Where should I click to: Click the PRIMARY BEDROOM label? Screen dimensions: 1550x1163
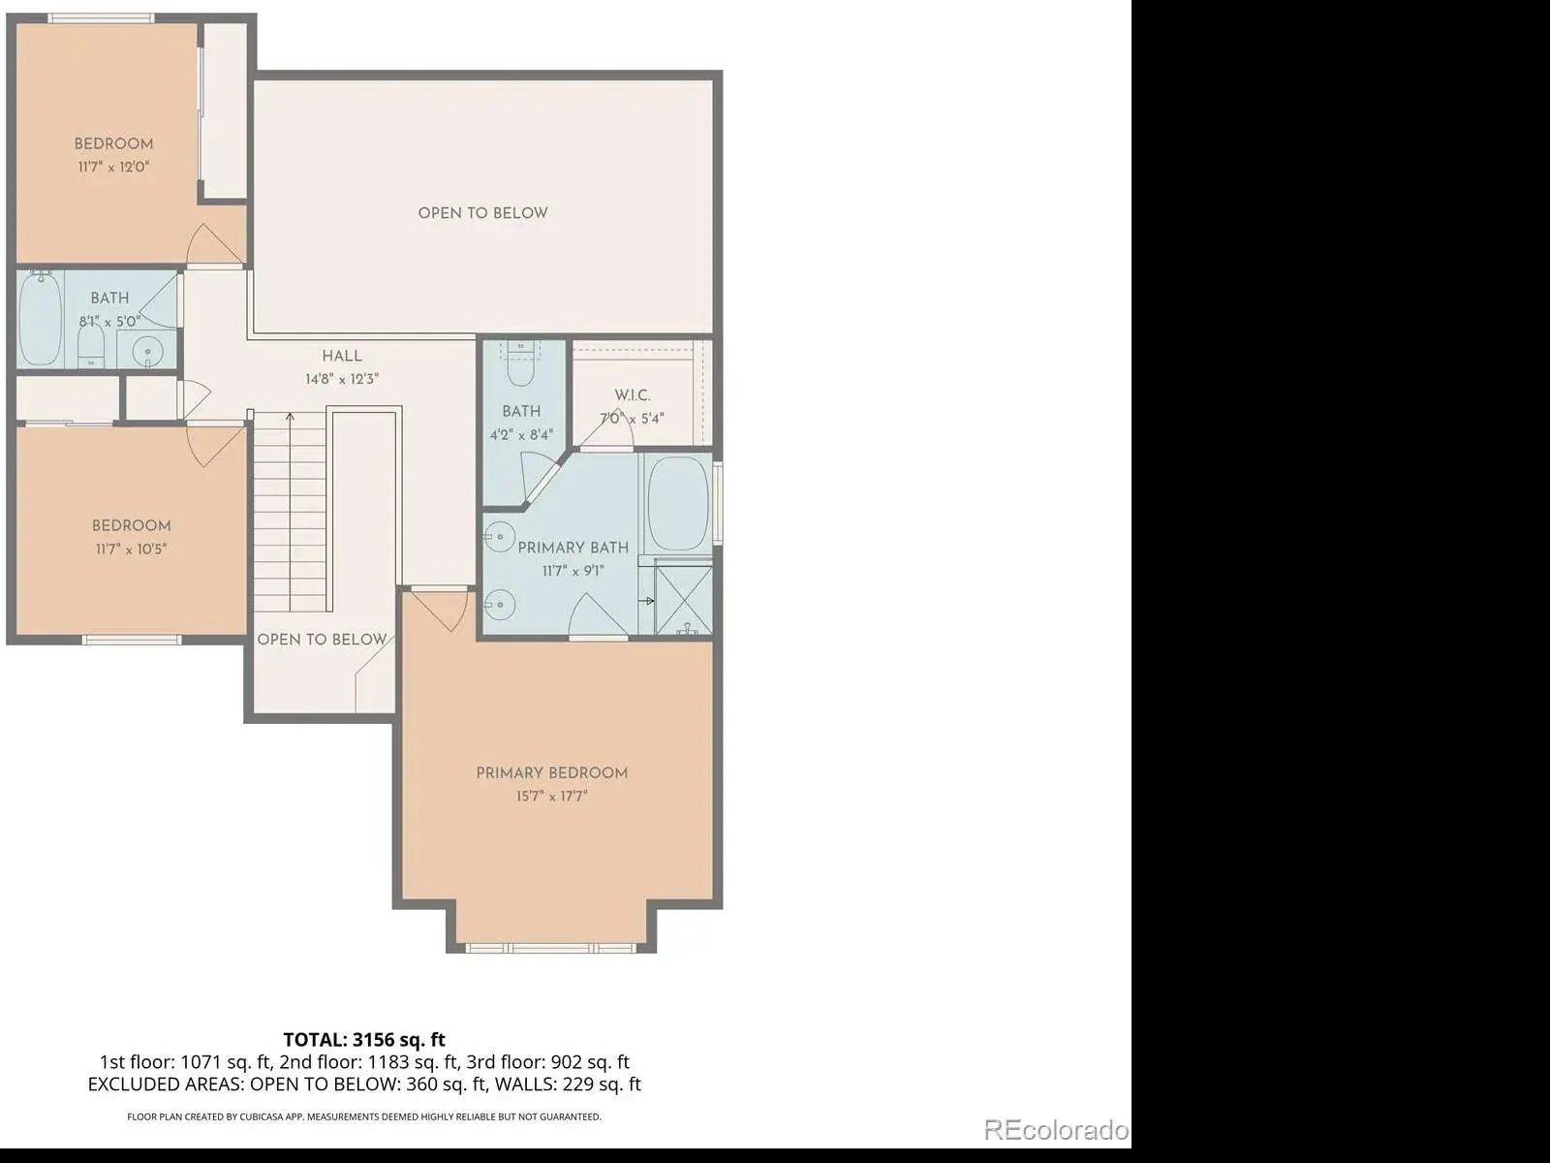[551, 773]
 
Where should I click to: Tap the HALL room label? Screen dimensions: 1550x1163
[342, 357]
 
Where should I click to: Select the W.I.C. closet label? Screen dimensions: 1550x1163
[632, 395]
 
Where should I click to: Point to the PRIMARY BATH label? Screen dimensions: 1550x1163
[573, 548]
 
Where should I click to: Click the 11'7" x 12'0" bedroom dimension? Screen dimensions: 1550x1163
[113, 168]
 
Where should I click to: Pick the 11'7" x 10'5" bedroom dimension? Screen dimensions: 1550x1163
[132, 550]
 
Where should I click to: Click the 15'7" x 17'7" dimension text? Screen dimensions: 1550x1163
[551, 797]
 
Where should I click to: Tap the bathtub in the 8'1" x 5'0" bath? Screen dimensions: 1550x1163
[41, 319]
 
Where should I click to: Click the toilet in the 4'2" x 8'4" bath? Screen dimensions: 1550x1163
[520, 363]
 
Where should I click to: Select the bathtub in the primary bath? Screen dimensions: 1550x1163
[677, 503]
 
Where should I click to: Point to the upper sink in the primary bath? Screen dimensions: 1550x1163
[499, 537]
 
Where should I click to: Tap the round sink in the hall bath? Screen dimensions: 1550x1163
[147, 350]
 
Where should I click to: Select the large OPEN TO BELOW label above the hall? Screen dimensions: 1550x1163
[483, 213]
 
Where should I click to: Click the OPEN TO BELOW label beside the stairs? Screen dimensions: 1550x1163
[322, 640]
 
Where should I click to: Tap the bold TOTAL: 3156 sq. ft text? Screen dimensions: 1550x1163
[364, 1039]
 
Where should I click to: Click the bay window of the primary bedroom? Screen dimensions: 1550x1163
[551, 948]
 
